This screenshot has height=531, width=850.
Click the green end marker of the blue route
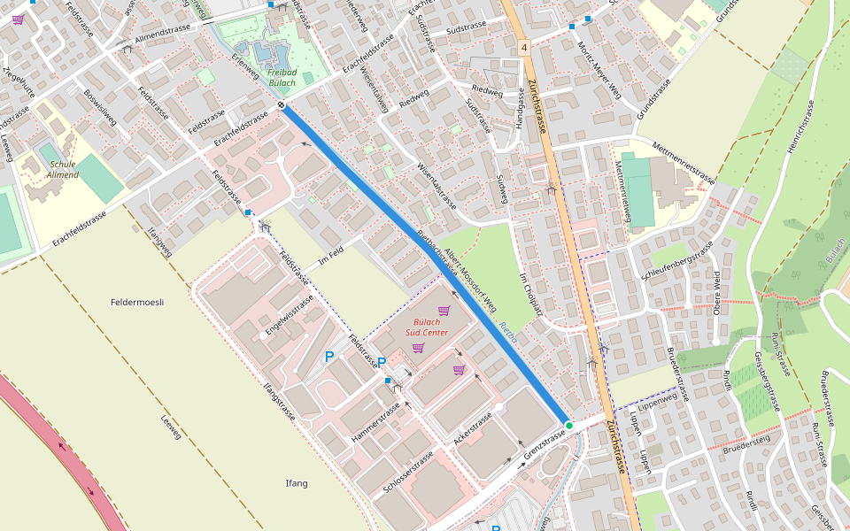pyautogui.click(x=569, y=426)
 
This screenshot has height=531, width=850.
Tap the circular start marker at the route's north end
pyautogui.click(x=281, y=105)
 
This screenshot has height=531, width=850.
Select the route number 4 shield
pyautogui.click(x=524, y=47)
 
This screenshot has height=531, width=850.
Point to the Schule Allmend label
pyautogui.click(x=64, y=169)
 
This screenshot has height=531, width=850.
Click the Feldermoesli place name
pyautogui.click(x=137, y=302)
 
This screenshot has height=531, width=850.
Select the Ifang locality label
pyautogui.click(x=296, y=482)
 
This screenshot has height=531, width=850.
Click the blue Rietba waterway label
pyautogui.click(x=507, y=333)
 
